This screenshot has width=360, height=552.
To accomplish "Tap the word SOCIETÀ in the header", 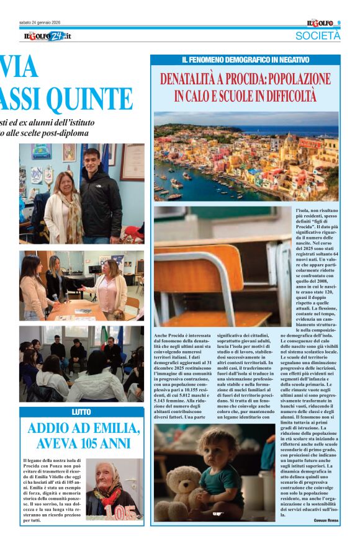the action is (x=318, y=36).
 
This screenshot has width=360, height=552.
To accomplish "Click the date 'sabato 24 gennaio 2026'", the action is (x=45, y=23).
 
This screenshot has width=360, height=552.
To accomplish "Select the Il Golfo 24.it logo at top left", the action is (x=47, y=36).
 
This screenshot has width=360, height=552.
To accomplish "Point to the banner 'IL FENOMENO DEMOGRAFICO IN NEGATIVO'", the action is (x=245, y=60).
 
